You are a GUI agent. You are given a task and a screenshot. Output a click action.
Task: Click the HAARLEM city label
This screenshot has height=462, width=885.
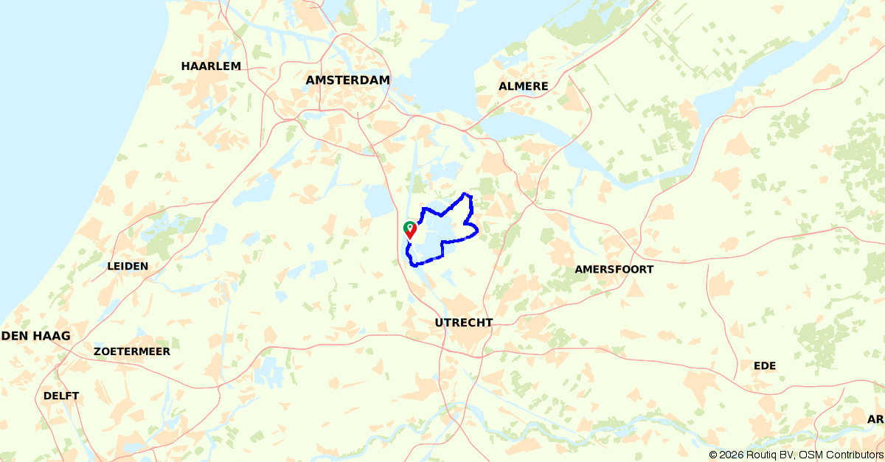pyautogui.click(x=211, y=66)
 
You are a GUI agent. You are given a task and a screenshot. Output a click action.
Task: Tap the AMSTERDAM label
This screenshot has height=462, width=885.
pyautogui.click(x=347, y=80)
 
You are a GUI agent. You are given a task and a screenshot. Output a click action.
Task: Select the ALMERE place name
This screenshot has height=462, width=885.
pyautogui.click(x=524, y=86)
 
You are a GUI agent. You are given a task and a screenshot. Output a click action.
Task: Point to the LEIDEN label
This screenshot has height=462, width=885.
pyautogui.click(x=128, y=266)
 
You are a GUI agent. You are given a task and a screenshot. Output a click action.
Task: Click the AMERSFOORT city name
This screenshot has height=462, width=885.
pyautogui.click(x=614, y=270)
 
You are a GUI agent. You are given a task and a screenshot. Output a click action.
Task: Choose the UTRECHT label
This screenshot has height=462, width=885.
pyautogui.click(x=464, y=323)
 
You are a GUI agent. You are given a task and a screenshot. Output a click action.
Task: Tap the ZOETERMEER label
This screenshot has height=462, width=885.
pyautogui.click(x=132, y=351)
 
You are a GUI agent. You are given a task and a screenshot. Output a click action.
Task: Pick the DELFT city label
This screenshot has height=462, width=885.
pyautogui.click(x=61, y=396)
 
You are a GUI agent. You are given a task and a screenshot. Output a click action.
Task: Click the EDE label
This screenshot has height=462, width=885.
pyautogui.click(x=765, y=366)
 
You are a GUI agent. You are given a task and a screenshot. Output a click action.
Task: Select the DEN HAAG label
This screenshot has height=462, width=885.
pyautogui.click(x=36, y=336)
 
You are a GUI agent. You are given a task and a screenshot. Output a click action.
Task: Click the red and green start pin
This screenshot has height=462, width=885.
pyautogui.click(x=410, y=229)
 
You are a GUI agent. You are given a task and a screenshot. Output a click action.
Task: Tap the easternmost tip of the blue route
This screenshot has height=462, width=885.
pyautogui.click(x=478, y=231)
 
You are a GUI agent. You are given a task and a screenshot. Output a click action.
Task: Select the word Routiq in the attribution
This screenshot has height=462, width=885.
pyautogui.click(x=767, y=455)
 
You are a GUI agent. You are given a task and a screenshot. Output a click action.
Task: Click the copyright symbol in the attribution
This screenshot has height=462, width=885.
pyautogui.click(x=713, y=455)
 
